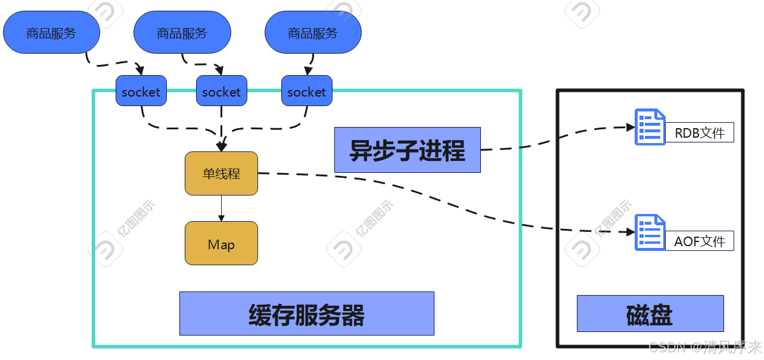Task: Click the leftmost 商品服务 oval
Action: coord(51,33)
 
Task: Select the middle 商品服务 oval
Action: coord(182,33)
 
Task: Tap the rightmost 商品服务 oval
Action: coord(313,33)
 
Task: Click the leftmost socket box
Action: coord(141,91)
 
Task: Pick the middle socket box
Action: coord(221,91)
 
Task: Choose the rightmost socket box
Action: coord(306,91)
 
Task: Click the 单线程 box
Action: coord(221,173)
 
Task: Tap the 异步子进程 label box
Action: coord(407,150)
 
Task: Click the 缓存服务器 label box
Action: coord(306,314)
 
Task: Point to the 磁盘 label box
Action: coord(650,314)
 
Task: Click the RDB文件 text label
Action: coord(699,133)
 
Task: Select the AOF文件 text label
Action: coord(699,241)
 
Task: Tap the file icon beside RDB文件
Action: coord(650,126)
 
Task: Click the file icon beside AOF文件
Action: coord(650,232)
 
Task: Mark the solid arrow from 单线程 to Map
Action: coord(221,208)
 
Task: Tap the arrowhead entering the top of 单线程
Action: coord(222,147)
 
